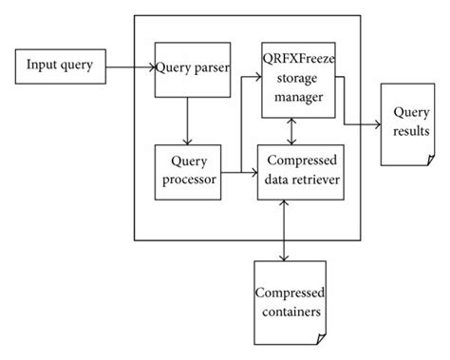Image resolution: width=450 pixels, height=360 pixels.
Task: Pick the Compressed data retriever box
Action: [299, 171]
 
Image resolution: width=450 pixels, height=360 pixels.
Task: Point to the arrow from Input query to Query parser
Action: [129, 67]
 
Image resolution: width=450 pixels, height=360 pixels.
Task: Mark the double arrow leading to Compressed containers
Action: [286, 229]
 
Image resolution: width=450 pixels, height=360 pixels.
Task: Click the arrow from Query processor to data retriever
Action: [238, 172]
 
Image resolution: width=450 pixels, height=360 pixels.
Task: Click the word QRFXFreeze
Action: [299, 56]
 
